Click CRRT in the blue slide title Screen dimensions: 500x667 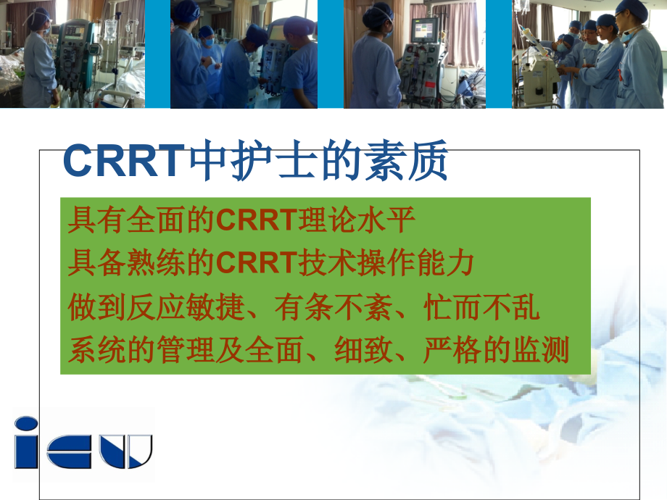tap(125, 162)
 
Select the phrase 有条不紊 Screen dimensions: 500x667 tap(333, 307)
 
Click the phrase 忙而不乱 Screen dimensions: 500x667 tap(482, 307)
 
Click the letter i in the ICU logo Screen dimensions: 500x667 tap(26, 442)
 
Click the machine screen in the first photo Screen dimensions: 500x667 tap(74, 32)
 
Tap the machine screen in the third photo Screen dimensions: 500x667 tap(425, 29)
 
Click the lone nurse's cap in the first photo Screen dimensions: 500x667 tap(41, 14)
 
